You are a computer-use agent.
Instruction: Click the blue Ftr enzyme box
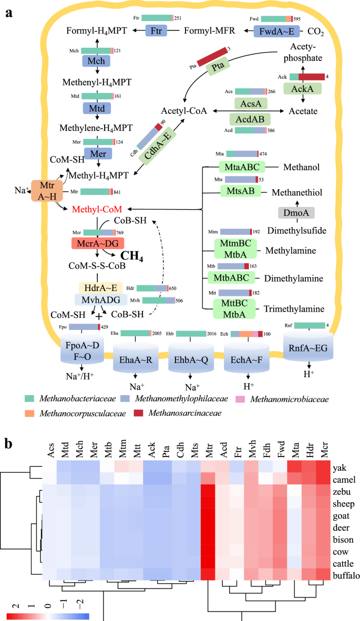(156, 30)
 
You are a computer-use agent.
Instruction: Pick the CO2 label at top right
(317, 32)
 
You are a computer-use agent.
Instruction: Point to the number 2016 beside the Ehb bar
(214, 334)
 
